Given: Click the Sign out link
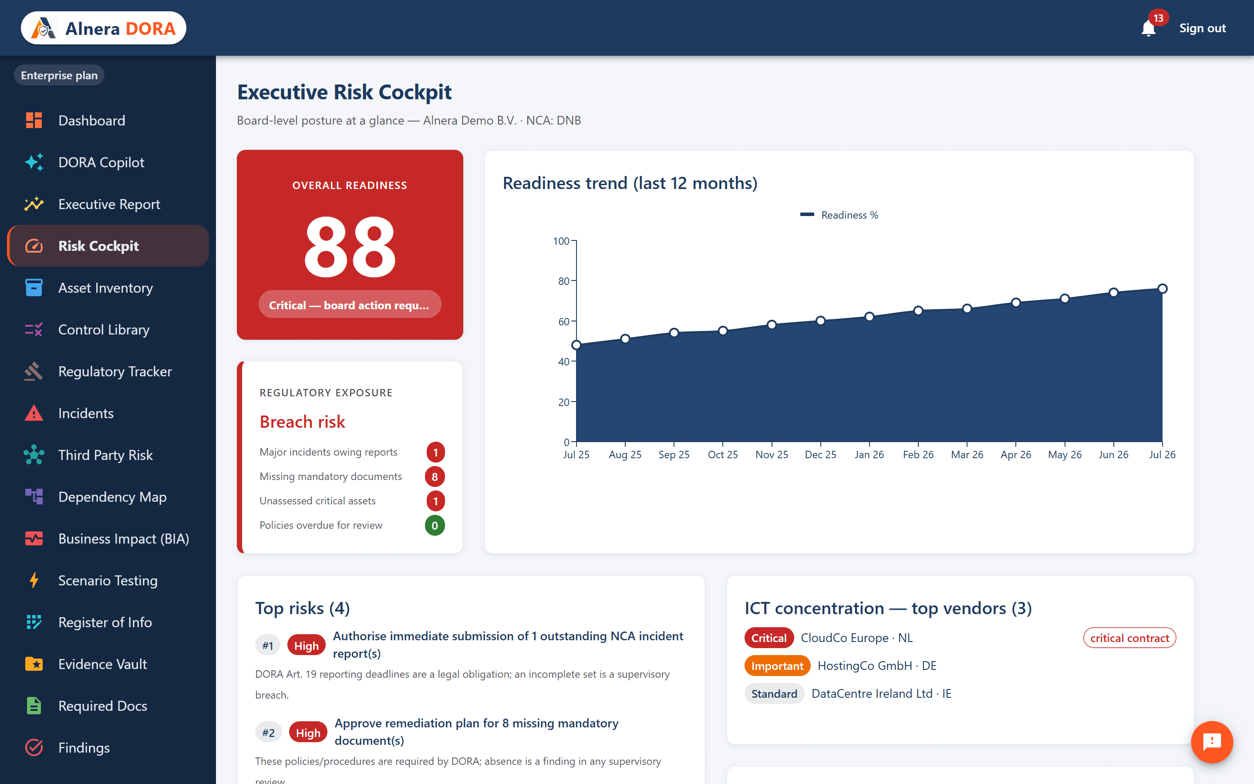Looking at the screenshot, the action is coord(1202,28).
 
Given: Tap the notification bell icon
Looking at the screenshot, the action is coord(1148,28).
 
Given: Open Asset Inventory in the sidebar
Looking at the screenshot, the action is coord(105,288).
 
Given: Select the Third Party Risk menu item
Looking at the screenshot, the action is coord(105,455).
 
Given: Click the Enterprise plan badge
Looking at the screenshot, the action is coord(59,75).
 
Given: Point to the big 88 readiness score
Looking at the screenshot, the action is coord(350,247).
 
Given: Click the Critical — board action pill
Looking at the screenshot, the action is coord(350,305).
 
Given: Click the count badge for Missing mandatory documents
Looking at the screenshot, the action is coord(435,476).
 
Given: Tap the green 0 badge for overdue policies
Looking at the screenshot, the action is coord(435,525).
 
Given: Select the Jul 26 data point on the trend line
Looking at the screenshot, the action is coord(1162,289).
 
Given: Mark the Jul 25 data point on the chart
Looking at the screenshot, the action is coord(576,345).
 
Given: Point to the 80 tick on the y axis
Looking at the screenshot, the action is coord(564,281).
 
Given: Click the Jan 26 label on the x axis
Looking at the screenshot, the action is coord(869,455).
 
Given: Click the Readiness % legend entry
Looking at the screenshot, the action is coord(839,215).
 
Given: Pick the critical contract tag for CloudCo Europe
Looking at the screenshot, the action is coord(1129,638).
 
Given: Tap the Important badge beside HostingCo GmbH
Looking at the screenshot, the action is coord(777,666).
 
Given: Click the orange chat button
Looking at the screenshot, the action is coord(1211,741).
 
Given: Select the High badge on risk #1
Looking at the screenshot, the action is coord(306,645).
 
